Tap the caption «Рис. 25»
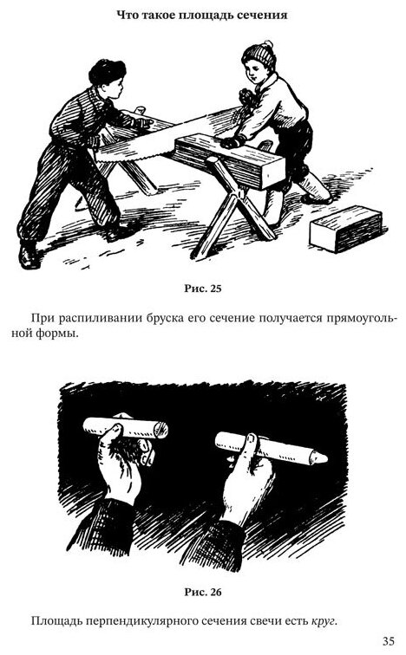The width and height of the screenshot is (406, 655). tap(202, 289)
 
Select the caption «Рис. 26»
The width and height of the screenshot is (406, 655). tap(202, 592)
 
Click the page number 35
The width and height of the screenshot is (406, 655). tap(388, 640)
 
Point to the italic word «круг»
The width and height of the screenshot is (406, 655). tap(324, 621)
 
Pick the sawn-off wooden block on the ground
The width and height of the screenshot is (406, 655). tap(346, 228)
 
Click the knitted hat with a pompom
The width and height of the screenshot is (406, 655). tap(259, 55)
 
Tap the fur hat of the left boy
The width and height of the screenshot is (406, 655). tap(107, 71)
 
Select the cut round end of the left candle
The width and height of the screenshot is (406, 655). tap(162, 430)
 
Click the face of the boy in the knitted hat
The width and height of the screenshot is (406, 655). tap(253, 73)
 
